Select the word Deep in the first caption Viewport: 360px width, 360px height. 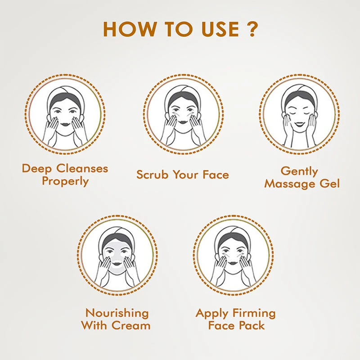tap(38, 169)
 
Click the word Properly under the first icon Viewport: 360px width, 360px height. tap(65, 181)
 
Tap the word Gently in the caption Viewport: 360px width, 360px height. tap(299, 171)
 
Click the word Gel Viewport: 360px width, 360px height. tap(327, 184)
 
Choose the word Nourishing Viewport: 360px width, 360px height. tap(117, 313)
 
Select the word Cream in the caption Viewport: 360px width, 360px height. tap(134, 325)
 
